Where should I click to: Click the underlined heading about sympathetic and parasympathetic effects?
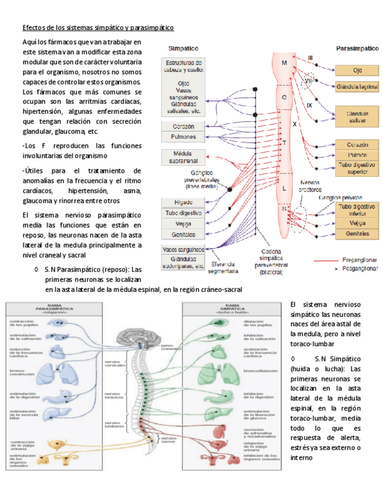(x=98, y=27)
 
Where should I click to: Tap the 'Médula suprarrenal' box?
(x=182, y=156)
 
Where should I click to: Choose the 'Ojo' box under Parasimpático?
(x=356, y=69)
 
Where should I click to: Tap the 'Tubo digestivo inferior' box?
(x=356, y=211)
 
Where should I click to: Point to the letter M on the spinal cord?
(x=284, y=63)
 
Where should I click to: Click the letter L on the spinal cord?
(x=284, y=189)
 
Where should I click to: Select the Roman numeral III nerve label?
(x=311, y=57)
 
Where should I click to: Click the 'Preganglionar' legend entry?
(x=357, y=261)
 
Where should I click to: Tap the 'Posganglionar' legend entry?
(x=357, y=270)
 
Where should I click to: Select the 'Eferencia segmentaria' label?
(x=223, y=267)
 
